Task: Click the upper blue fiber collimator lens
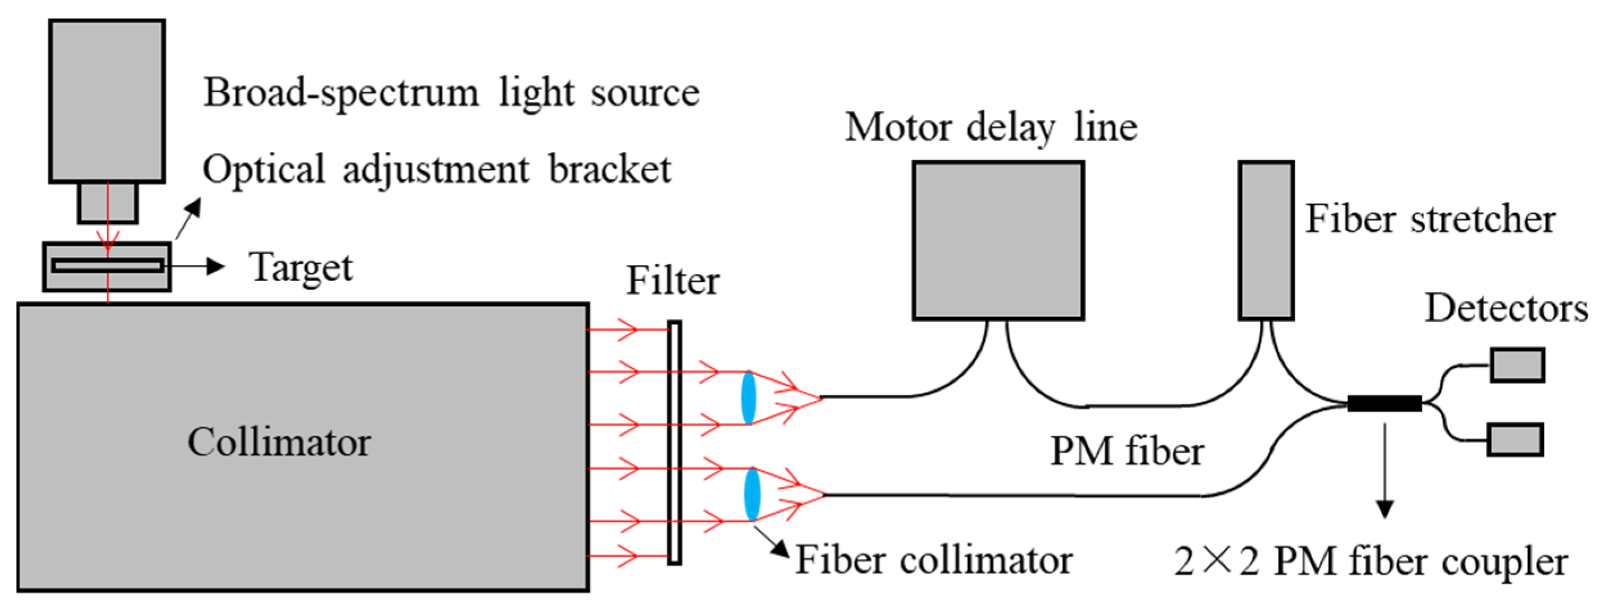(748, 397)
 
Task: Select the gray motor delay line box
(998, 240)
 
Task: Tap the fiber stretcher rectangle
(1266, 240)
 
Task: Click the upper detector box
(1517, 365)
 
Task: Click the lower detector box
(1515, 440)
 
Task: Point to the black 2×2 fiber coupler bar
(1384, 404)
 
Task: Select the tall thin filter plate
(674, 443)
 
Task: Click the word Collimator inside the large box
(279, 442)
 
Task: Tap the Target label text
(301, 268)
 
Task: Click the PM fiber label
(1127, 451)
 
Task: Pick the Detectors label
(1506, 308)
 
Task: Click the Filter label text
(672, 281)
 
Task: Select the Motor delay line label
(991, 128)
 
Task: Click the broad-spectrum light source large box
(107, 101)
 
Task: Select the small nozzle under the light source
(108, 202)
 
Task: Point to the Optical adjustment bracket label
(437, 170)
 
